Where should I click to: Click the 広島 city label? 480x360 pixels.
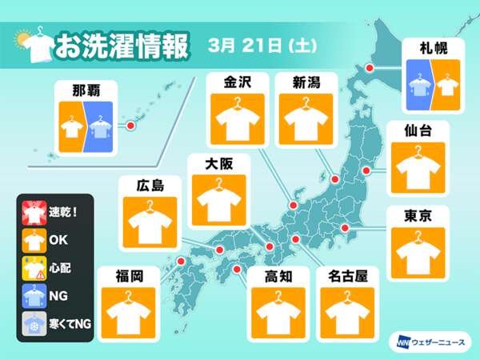(146, 186)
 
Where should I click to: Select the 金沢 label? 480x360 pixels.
(237, 81)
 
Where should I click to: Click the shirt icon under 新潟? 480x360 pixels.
(303, 118)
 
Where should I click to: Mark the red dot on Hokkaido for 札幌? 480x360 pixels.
(370, 70)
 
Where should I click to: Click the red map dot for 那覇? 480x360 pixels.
(132, 126)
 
